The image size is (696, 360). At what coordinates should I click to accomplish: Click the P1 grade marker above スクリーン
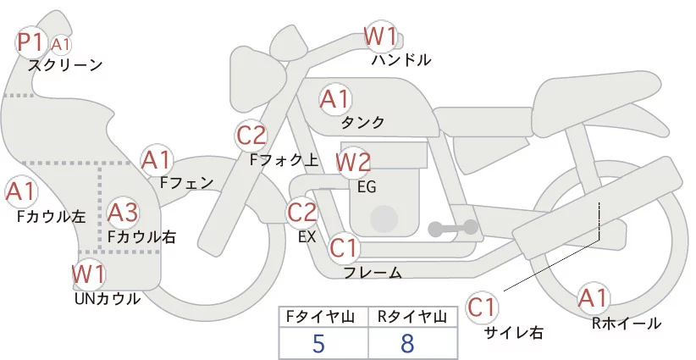coord(31,41)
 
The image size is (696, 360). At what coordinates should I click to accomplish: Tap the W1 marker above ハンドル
coord(381,36)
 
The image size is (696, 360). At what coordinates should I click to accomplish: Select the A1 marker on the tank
coord(334,99)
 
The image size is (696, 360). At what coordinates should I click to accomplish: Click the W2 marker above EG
coord(353,162)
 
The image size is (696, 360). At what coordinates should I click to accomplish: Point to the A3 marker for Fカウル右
coord(123,212)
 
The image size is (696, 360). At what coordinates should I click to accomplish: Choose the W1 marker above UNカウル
coord(89,274)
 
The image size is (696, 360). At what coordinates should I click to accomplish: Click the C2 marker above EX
coord(302,212)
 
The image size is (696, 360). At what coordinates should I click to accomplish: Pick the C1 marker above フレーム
coord(344,248)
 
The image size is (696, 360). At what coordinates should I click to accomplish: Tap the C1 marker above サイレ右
coord(483,307)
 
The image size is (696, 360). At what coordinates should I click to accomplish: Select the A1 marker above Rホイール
coord(593,298)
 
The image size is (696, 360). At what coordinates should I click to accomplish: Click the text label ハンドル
coord(401,60)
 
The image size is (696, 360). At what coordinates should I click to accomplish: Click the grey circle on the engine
coord(385,219)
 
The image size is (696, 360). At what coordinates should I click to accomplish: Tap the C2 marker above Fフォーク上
coord(251,135)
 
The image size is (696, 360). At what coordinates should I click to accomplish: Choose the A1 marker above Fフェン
coord(157,159)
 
